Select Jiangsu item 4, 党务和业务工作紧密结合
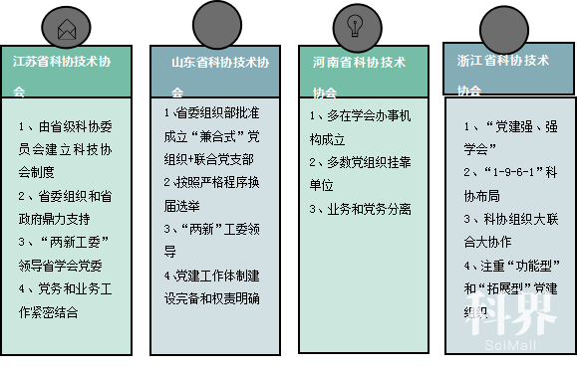pyautogui.click(x=66, y=298)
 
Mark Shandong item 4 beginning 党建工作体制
pyautogui.click(x=214, y=283)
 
